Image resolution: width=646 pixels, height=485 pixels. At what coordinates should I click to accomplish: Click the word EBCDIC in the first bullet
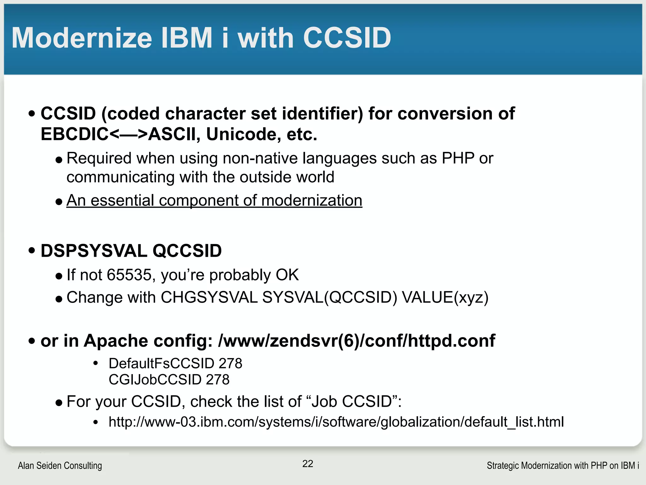point(75,134)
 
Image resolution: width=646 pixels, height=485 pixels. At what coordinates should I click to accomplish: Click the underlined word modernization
point(312,201)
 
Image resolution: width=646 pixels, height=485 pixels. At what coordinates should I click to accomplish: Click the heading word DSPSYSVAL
point(94,251)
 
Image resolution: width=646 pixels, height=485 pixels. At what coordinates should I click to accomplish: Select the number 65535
point(129,275)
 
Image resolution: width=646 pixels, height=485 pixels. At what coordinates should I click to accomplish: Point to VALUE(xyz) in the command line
point(445,297)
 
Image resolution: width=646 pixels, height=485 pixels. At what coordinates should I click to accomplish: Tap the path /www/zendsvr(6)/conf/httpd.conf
point(356,341)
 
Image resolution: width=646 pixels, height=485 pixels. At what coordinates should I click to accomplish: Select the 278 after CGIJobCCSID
point(218,380)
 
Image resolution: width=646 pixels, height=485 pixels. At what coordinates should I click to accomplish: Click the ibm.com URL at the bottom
point(336,422)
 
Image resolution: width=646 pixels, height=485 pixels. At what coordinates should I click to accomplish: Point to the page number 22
point(308,464)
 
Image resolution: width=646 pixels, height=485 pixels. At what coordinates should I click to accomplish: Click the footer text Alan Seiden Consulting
point(60,466)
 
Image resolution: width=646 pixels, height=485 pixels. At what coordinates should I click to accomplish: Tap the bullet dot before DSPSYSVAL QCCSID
point(32,251)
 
